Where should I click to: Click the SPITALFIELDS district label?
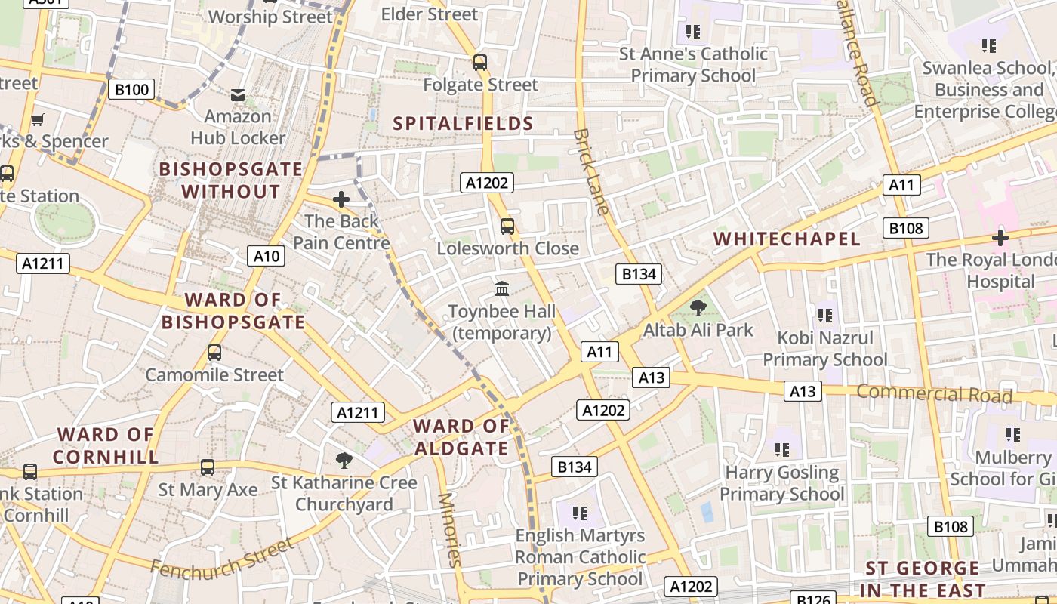(464, 124)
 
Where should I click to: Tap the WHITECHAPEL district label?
(787, 239)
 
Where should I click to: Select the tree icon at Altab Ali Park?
(698, 307)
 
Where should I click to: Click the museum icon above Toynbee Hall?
(502, 288)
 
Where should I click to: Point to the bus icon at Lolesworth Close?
(507, 226)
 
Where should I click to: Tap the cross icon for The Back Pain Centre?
(341, 199)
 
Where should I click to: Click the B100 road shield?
(131, 90)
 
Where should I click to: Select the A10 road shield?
(266, 256)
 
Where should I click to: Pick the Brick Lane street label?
(590, 171)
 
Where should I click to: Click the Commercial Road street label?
(934, 393)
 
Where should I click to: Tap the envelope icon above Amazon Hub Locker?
(238, 94)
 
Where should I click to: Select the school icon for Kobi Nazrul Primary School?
(824, 315)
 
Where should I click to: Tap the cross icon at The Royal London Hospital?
(1000, 238)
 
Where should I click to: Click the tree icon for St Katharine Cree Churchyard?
(344, 460)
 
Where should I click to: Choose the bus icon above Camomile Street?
(214, 352)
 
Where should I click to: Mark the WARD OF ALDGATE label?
(461, 437)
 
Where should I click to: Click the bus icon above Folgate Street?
(480, 62)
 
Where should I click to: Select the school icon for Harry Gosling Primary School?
(782, 450)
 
